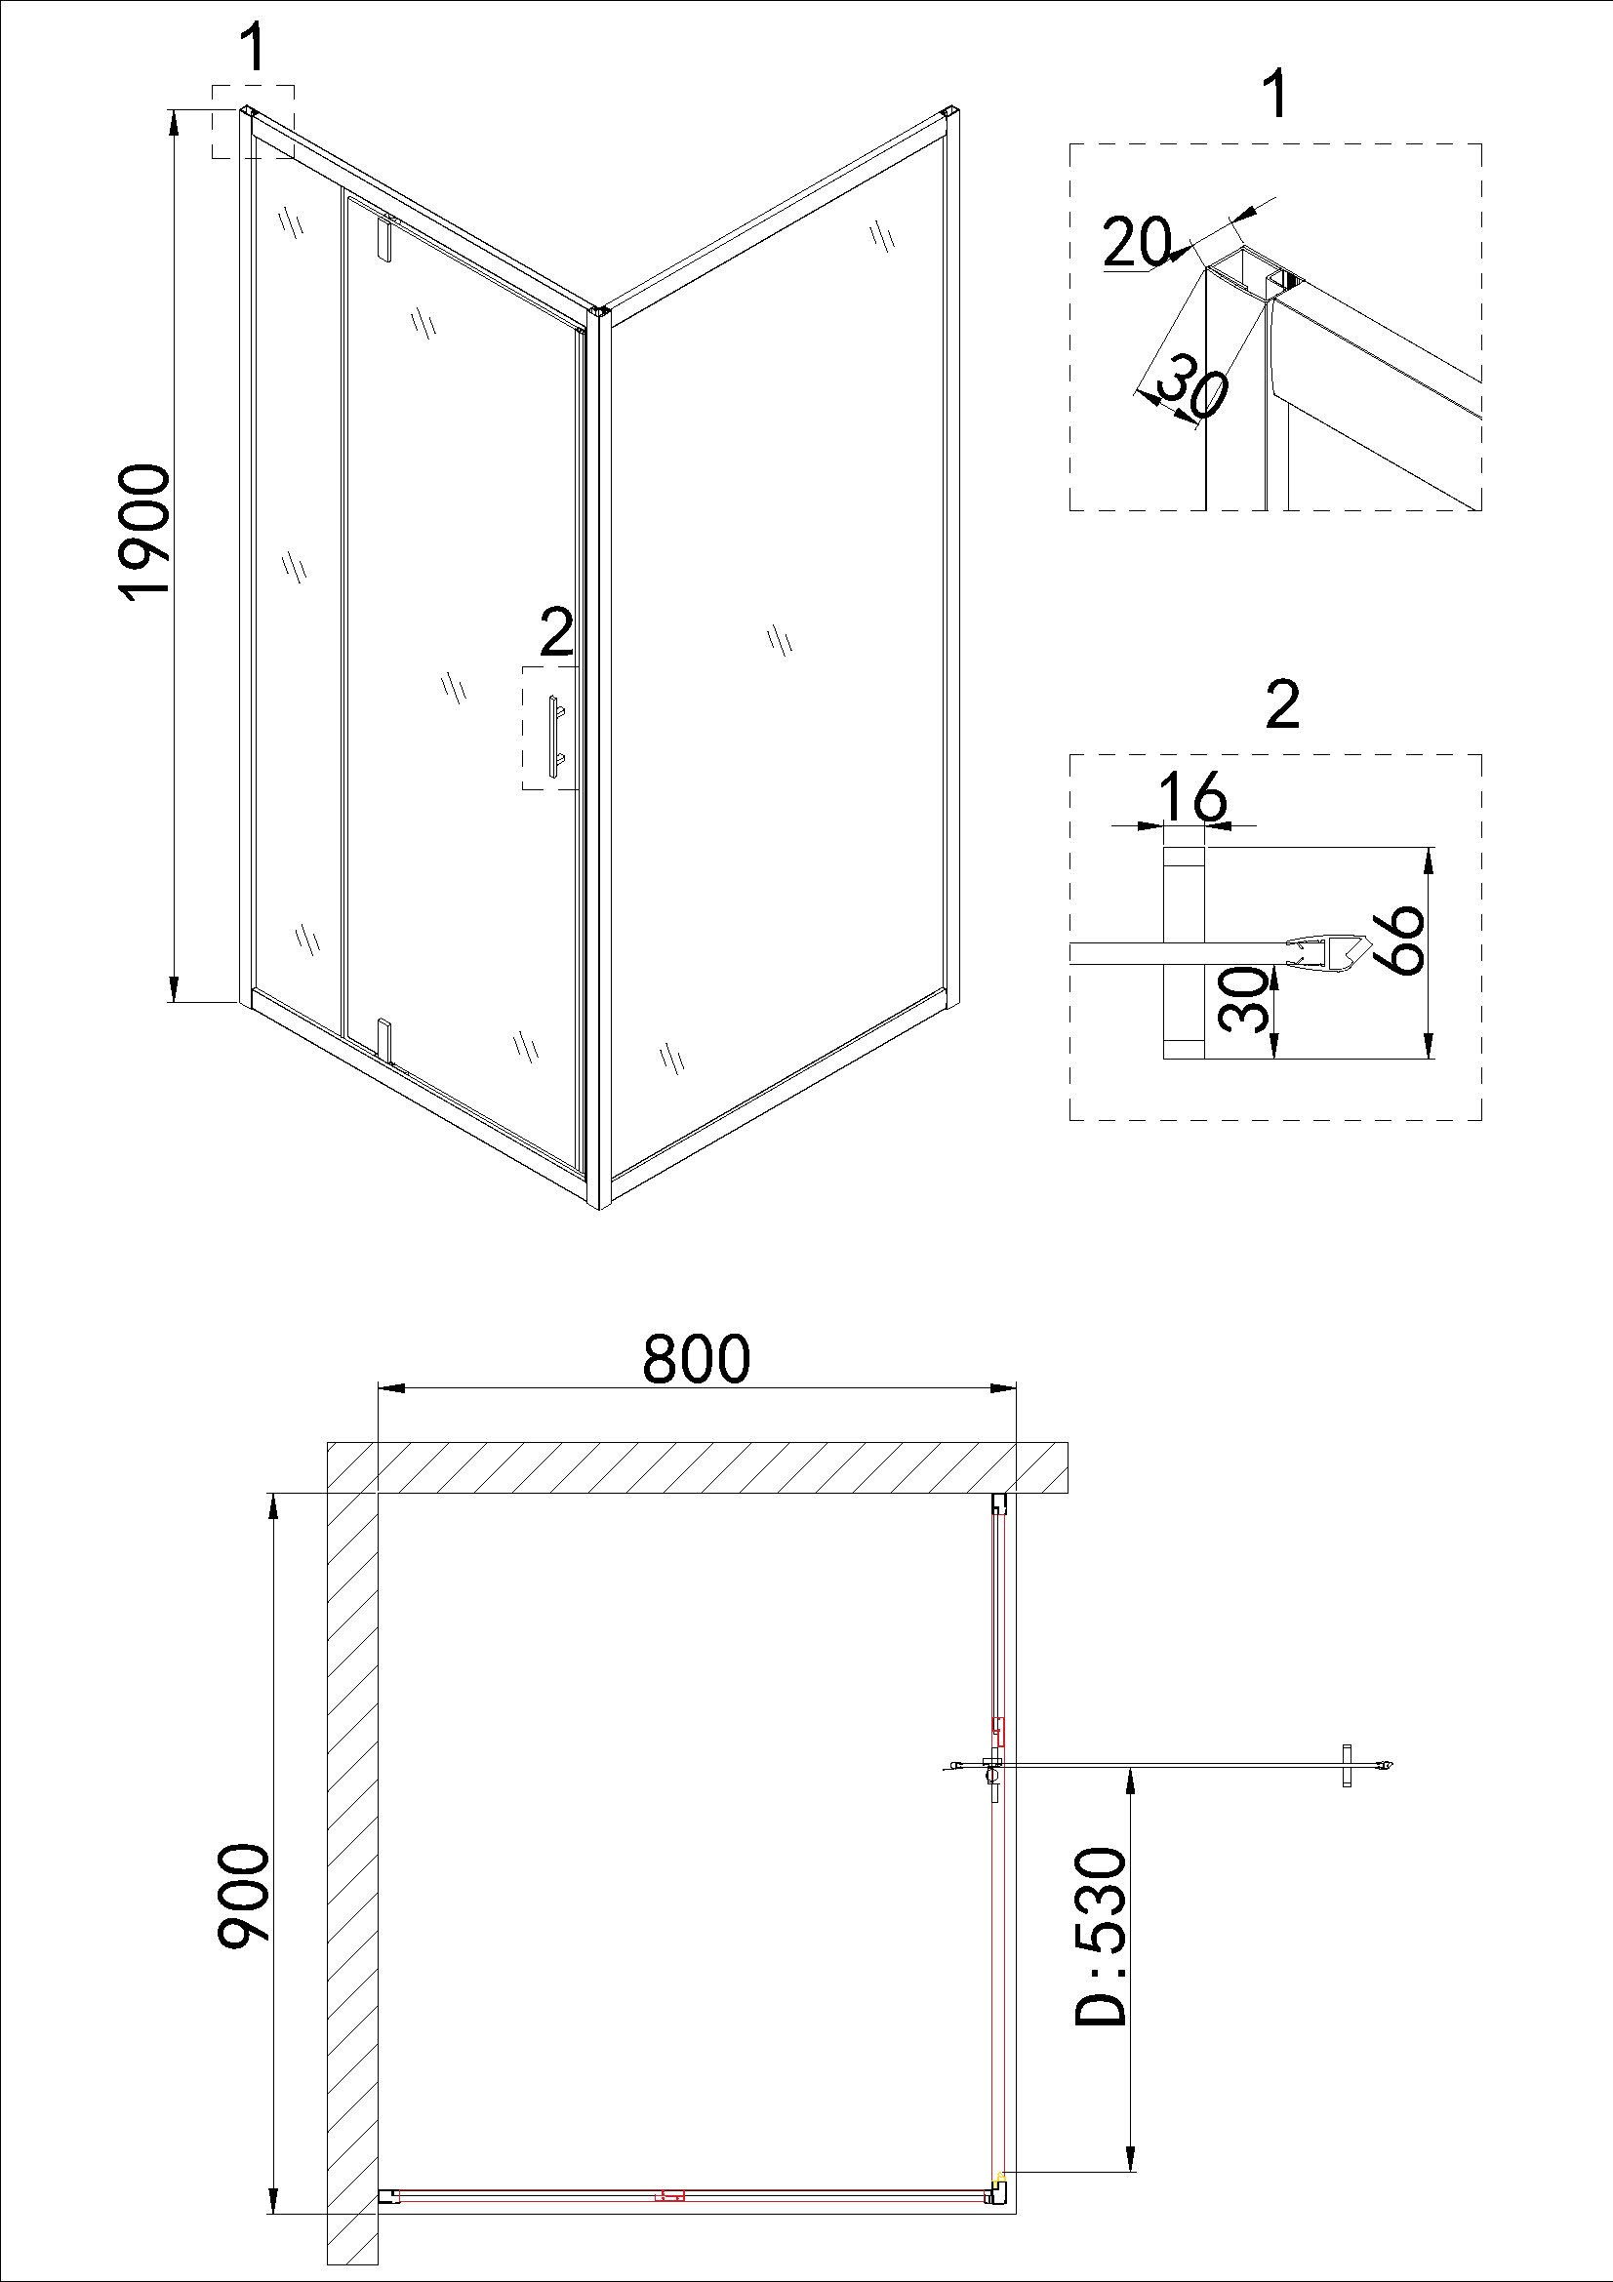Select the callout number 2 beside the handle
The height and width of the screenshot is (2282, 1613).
pyautogui.click(x=556, y=632)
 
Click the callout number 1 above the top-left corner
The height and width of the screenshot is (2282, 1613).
pyautogui.click(x=255, y=50)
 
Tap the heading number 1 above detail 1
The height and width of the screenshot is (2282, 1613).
pyautogui.click(x=1277, y=98)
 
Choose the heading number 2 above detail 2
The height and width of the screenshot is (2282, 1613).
pyautogui.click(x=1283, y=706)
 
